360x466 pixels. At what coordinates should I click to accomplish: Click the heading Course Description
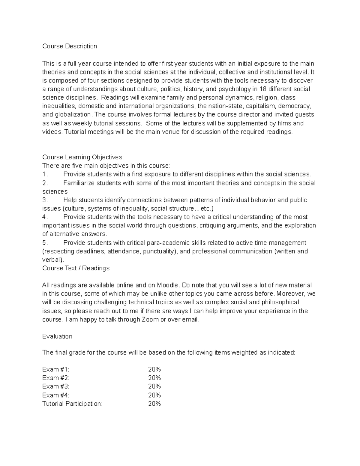pyautogui.click(x=70, y=46)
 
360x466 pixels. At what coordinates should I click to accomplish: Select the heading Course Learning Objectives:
pyautogui.click(x=83, y=157)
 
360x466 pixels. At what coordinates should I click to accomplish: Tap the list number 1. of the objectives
pyautogui.click(x=45, y=174)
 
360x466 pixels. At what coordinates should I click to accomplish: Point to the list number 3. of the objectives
pyautogui.click(x=45, y=200)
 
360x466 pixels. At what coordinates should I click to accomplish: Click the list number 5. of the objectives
pyautogui.click(x=45, y=243)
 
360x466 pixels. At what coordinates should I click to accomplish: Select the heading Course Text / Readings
pyautogui.click(x=76, y=268)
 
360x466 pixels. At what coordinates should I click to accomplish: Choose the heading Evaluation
pyautogui.click(x=57, y=336)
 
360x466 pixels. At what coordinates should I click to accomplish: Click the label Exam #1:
pyautogui.click(x=56, y=369)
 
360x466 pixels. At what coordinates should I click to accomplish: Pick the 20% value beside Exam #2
pyautogui.click(x=154, y=378)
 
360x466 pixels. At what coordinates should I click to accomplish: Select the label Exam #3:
pyautogui.click(x=56, y=386)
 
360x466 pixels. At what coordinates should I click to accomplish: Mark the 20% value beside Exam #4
pyautogui.click(x=154, y=395)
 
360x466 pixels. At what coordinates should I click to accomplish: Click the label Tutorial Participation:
pyautogui.click(x=72, y=404)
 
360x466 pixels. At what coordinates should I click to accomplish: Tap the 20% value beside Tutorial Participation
pyautogui.click(x=154, y=404)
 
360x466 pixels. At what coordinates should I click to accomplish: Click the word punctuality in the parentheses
pyautogui.click(x=159, y=251)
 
